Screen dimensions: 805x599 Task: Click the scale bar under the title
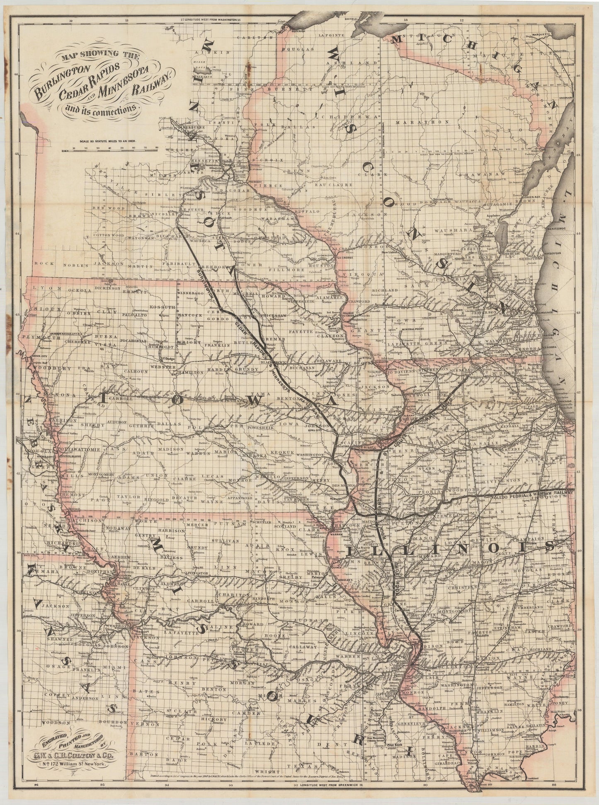click(x=110, y=151)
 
